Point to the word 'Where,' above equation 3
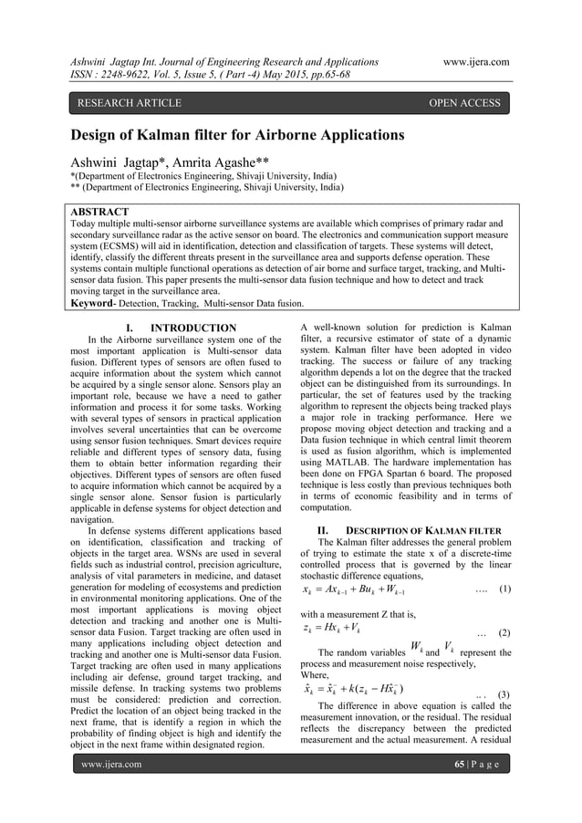pos(316,701)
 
